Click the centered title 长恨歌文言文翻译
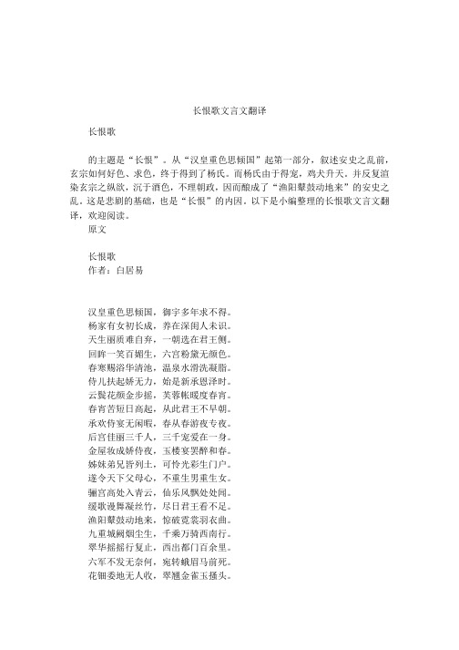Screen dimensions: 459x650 [x=229, y=110]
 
